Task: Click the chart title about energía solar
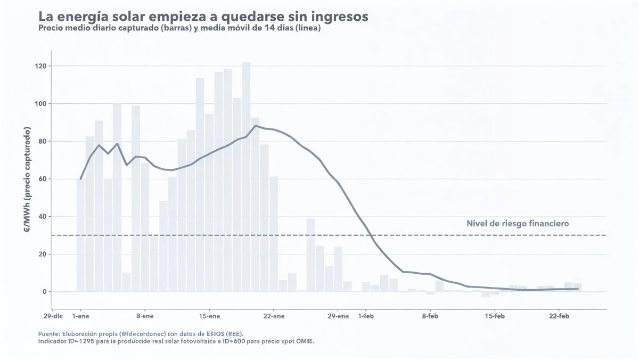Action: [203, 17]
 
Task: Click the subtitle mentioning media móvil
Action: [179, 28]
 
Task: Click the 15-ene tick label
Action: [210, 316]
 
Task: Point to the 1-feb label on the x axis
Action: [366, 316]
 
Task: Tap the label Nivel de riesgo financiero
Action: [517, 224]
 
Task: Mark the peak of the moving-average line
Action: [256, 126]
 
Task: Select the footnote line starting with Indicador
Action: [176, 341]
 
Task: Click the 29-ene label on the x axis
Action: [338, 316]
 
